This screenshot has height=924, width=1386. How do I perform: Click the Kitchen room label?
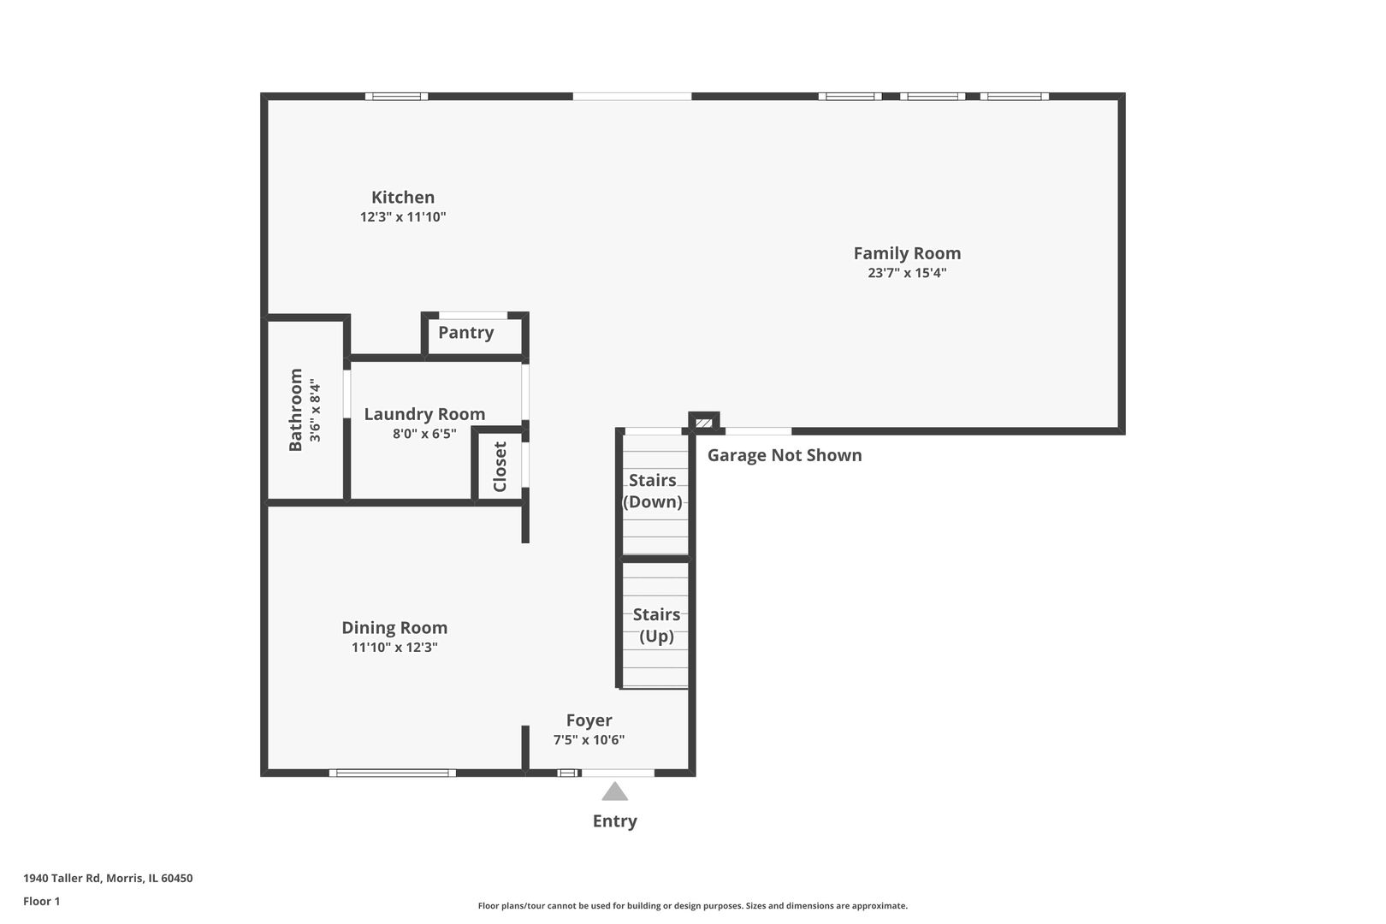pyautogui.click(x=403, y=198)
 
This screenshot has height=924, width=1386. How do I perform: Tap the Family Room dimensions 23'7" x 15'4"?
pyautogui.click(x=907, y=273)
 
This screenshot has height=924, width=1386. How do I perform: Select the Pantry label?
pyautogui.click(x=466, y=333)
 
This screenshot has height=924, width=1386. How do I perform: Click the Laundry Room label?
pyautogui.click(x=424, y=414)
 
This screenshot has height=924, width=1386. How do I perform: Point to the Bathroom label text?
pyautogui.click(x=296, y=410)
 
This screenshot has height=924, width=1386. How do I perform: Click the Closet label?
pyautogui.click(x=500, y=466)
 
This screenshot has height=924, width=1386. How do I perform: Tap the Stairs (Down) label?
pyautogui.click(x=652, y=491)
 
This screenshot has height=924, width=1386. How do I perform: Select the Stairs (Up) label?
pyautogui.click(x=656, y=625)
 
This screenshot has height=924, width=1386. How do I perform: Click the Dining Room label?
pyautogui.click(x=394, y=628)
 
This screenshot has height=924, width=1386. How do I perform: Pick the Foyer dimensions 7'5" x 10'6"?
pyautogui.click(x=589, y=739)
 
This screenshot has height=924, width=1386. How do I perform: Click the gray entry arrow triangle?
pyautogui.click(x=614, y=791)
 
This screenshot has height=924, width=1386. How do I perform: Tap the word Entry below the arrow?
pyautogui.click(x=614, y=821)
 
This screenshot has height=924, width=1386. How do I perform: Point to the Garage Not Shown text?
pyautogui.click(x=785, y=455)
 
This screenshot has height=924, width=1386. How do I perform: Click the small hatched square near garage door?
pyautogui.click(x=703, y=423)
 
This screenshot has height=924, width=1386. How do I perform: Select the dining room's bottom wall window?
pyautogui.click(x=393, y=773)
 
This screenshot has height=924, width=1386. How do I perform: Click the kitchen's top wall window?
pyautogui.click(x=397, y=97)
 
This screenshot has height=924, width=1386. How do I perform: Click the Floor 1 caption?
pyautogui.click(x=41, y=901)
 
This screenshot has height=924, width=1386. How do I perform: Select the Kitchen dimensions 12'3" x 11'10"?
pyautogui.click(x=403, y=217)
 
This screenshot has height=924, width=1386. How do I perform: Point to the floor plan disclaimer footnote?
pyautogui.click(x=692, y=905)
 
